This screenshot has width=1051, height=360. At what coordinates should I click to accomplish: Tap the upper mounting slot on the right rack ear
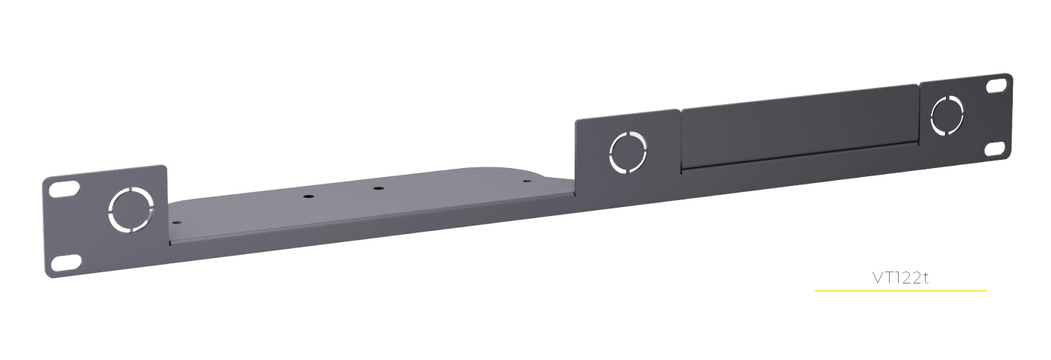[996, 86]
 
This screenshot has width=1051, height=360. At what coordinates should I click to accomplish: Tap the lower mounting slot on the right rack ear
[995, 148]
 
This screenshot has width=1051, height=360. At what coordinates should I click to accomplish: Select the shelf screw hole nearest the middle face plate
[526, 180]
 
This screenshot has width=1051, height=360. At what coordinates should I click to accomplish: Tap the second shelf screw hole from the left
[308, 196]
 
